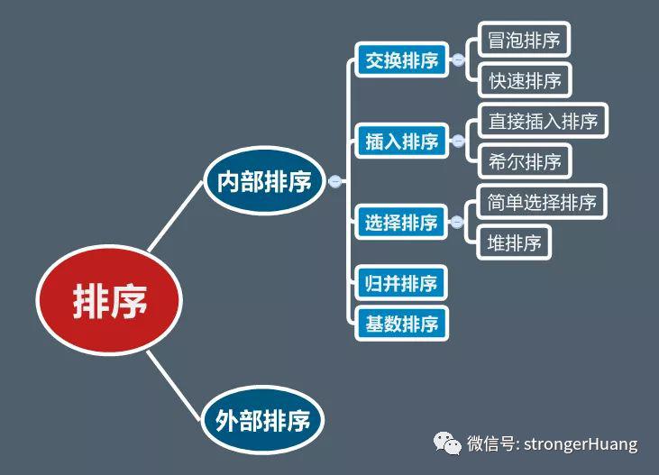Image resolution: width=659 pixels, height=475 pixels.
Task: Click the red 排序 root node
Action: point(109,300)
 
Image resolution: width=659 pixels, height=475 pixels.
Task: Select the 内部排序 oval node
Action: point(264,181)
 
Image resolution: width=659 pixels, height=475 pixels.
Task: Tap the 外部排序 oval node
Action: point(263,419)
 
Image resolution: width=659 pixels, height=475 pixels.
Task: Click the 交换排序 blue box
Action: point(402,59)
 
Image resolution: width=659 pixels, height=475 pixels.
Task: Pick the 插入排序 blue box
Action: point(402,141)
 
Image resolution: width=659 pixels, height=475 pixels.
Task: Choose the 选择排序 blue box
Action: point(401,222)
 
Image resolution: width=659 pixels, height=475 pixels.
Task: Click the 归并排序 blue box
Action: point(401,283)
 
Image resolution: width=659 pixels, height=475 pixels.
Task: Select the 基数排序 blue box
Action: point(402,324)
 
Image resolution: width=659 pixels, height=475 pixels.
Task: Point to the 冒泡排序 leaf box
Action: point(524,40)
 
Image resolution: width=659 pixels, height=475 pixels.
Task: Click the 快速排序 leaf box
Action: point(525,80)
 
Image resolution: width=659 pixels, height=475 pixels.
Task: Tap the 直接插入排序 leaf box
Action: point(543,121)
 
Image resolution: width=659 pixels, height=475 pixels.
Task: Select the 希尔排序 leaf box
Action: point(525,161)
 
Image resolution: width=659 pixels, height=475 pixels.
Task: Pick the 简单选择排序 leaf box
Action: point(542,202)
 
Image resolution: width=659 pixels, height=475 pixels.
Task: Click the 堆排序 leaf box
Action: point(514,242)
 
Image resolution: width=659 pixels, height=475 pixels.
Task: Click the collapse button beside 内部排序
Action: point(335,181)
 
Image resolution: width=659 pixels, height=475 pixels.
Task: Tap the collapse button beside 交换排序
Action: point(458,59)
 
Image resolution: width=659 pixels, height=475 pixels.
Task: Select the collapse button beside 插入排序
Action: point(458,141)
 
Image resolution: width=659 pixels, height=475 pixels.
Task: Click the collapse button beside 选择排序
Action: point(457,222)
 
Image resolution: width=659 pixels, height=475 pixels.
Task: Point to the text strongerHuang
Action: point(581,443)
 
